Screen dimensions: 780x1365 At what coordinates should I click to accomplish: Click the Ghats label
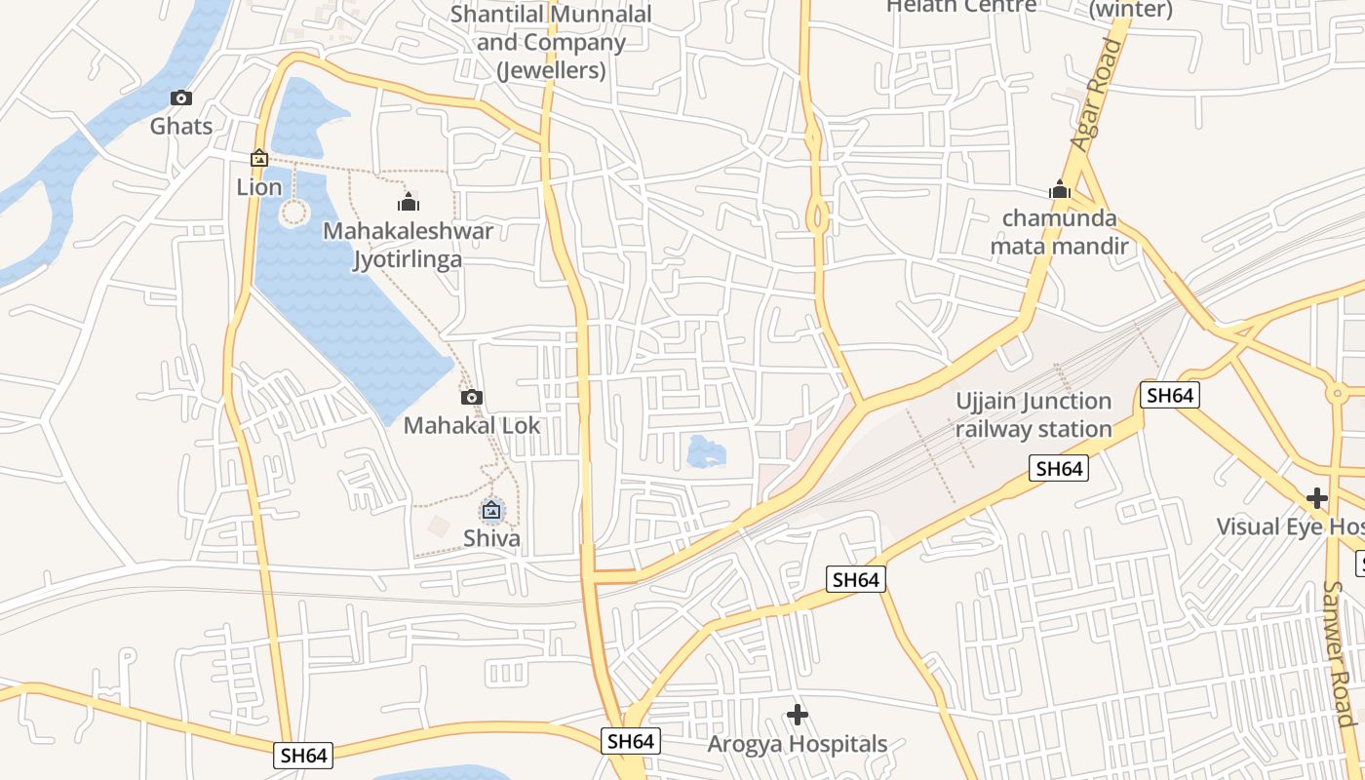(x=181, y=127)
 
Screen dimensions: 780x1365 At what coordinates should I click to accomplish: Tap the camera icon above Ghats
(x=181, y=98)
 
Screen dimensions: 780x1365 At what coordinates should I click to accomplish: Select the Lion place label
(x=259, y=187)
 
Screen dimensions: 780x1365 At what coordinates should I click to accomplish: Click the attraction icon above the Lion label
(x=259, y=158)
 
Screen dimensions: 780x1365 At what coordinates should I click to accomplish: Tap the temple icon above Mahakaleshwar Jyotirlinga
(x=408, y=203)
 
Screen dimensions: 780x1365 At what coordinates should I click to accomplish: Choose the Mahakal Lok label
(x=471, y=426)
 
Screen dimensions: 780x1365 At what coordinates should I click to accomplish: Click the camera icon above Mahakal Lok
(x=471, y=398)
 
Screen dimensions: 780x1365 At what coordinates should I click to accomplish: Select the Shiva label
(x=491, y=538)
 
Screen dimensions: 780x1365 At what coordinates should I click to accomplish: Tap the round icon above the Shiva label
(x=491, y=510)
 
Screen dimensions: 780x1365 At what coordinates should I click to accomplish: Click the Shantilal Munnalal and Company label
(x=551, y=43)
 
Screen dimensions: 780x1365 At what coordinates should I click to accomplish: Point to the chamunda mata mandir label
(x=1059, y=232)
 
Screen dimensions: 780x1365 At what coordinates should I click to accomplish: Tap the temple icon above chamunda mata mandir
(x=1059, y=189)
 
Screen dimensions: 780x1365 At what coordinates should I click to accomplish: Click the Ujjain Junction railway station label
(x=1033, y=415)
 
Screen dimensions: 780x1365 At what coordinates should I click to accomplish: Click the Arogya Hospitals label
(x=797, y=744)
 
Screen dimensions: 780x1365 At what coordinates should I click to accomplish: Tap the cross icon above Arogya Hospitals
(x=797, y=716)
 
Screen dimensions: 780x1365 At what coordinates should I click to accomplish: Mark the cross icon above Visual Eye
(x=1317, y=499)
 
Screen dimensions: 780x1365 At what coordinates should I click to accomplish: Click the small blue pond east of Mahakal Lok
(x=705, y=451)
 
